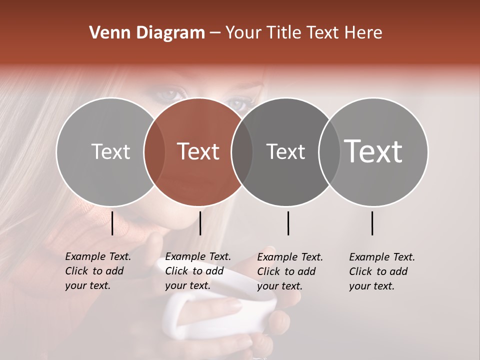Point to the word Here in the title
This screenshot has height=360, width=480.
364,33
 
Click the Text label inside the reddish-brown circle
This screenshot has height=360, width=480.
198,151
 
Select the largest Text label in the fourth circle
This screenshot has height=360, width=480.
373,151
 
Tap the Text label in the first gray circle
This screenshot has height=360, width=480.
110,151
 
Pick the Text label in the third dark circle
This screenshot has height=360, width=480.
285,151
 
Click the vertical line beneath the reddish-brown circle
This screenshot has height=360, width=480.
200,223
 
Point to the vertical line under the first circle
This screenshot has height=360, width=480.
112,223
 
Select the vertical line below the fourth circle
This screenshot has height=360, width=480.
372,223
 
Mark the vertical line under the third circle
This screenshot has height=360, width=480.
288,223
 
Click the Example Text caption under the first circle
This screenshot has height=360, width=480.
97,271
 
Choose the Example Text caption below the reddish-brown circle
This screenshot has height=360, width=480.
197,271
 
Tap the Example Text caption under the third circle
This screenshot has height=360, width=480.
289,271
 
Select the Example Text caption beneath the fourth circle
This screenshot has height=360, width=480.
381,271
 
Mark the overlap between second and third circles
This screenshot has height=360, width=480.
241,151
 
